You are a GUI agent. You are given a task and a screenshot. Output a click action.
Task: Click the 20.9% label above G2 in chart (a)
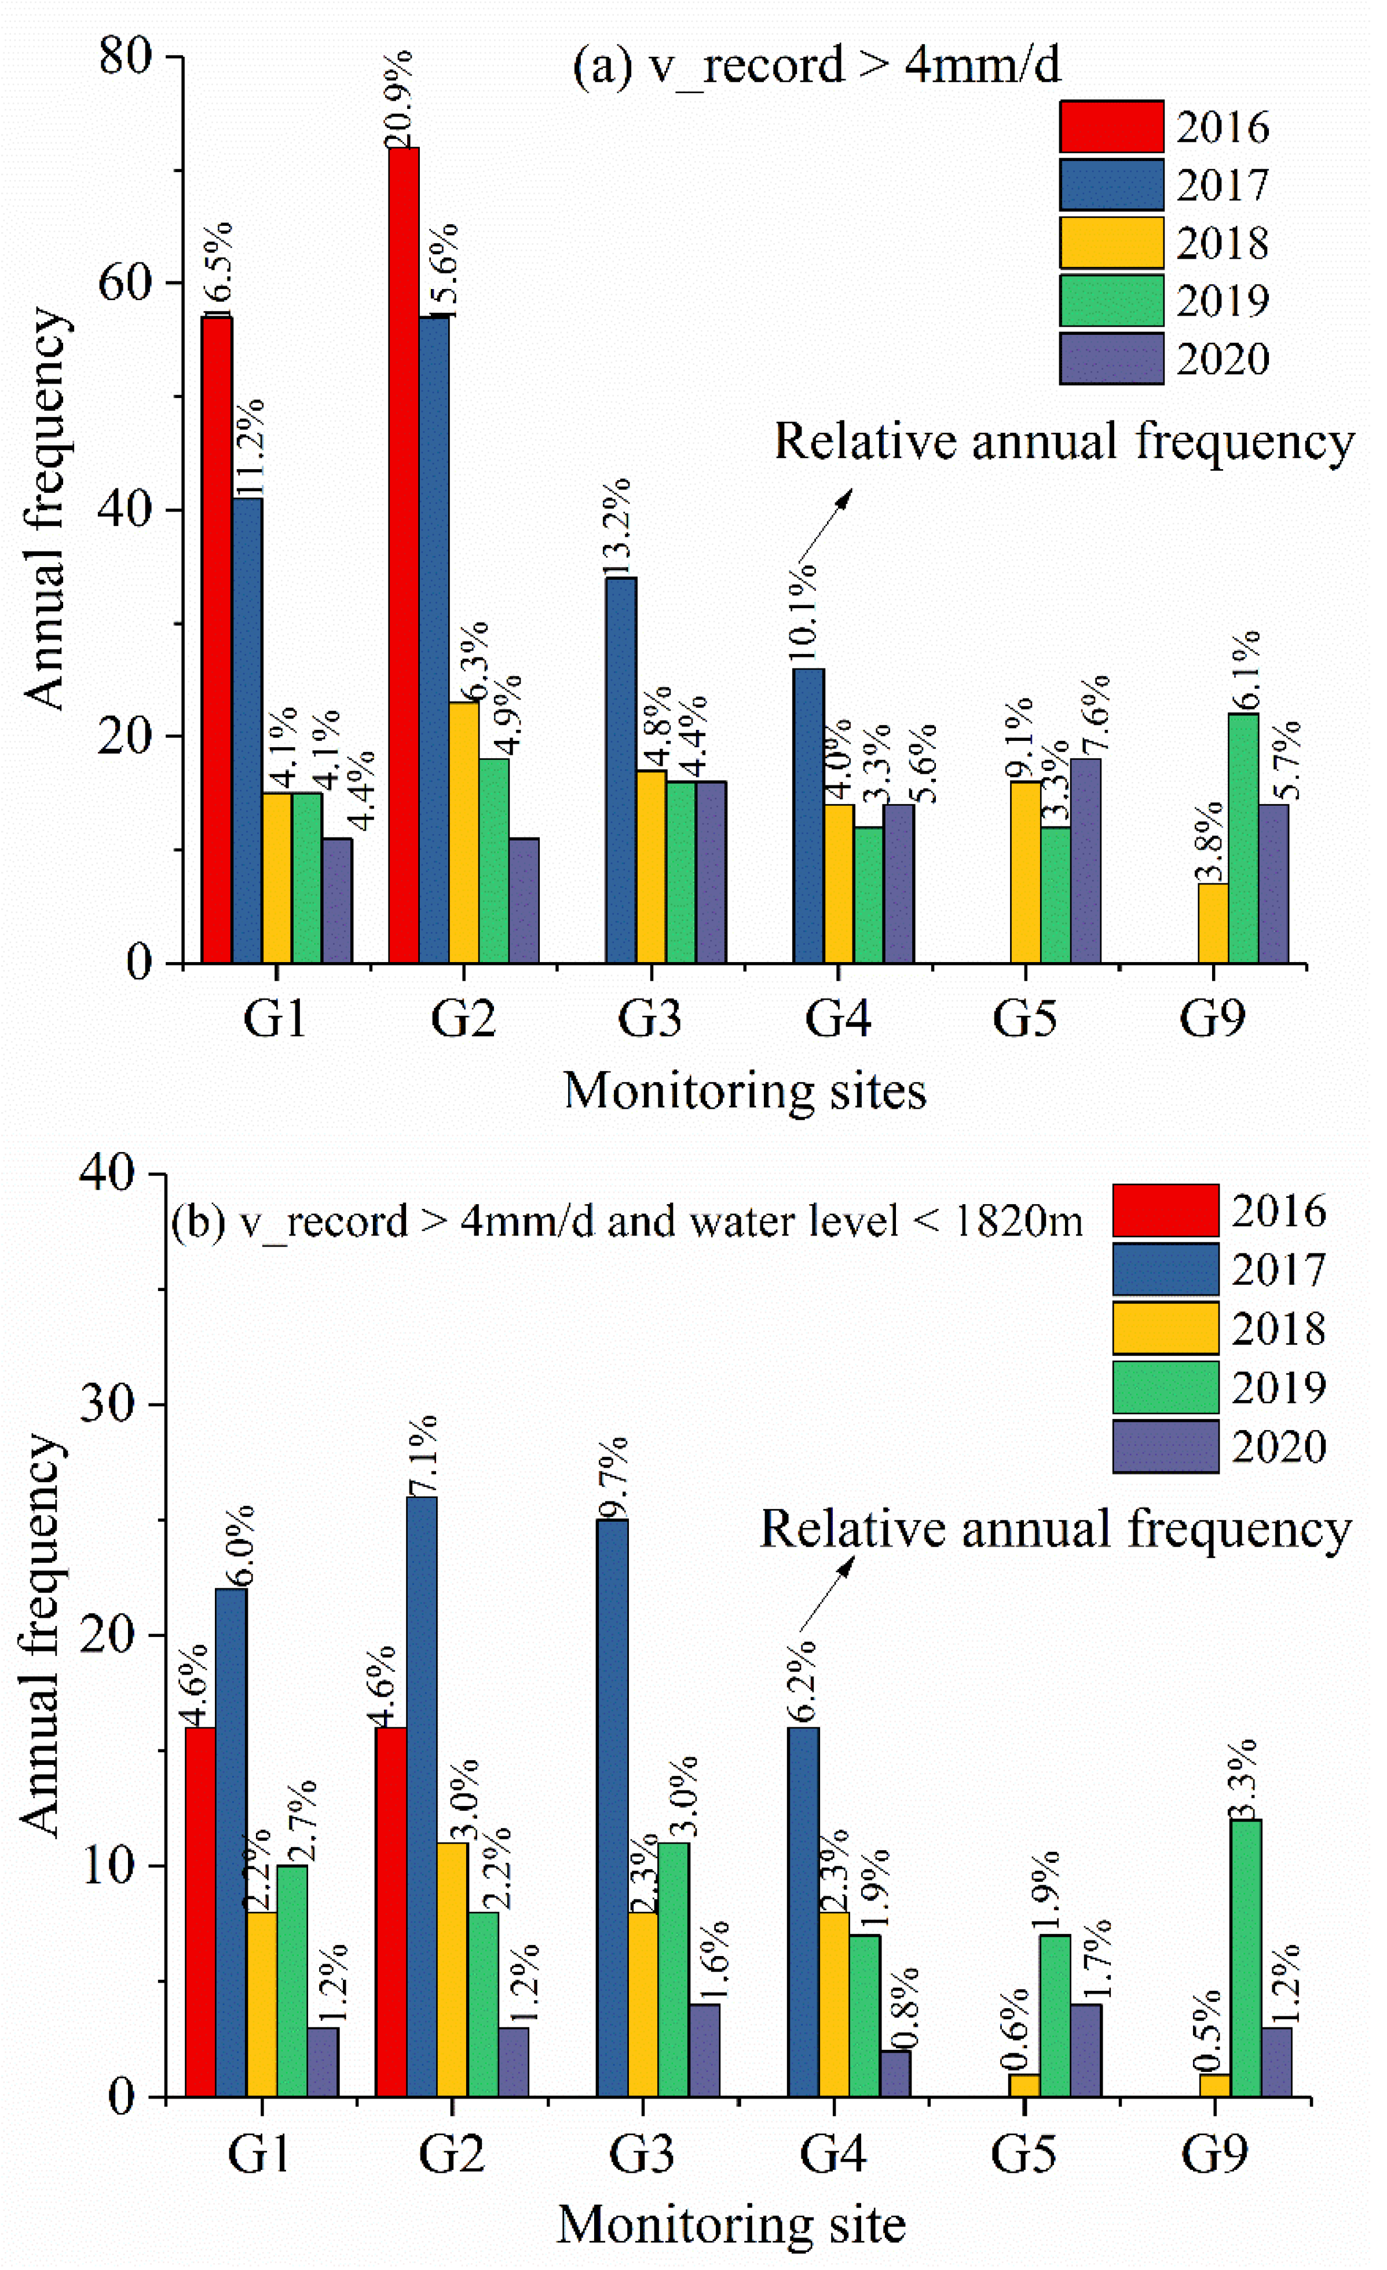click(399, 100)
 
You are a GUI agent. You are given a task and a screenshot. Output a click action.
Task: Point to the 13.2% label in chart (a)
click(618, 527)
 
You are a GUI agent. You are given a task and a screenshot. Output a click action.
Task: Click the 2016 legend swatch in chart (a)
click(1111, 127)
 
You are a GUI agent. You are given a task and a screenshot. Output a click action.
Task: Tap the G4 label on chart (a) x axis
click(837, 1018)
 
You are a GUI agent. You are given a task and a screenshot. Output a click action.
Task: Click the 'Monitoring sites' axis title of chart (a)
click(744, 1092)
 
